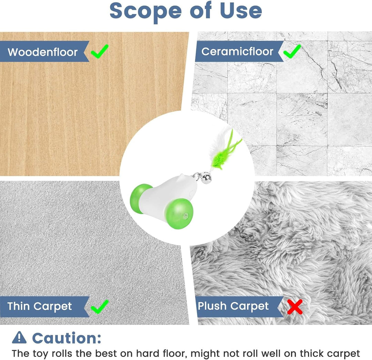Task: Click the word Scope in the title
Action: click(145, 11)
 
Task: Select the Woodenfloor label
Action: click(42, 52)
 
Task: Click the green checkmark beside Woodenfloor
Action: click(100, 51)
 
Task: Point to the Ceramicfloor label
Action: click(237, 51)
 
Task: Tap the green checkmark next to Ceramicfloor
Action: click(292, 51)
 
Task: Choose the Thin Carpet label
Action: click(39, 306)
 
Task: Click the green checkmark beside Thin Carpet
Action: click(100, 307)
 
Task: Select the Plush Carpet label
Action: click(233, 306)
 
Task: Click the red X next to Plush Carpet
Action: click(294, 307)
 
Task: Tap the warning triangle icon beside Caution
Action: click(19, 338)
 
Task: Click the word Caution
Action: click(67, 338)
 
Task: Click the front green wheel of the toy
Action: click(179, 213)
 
